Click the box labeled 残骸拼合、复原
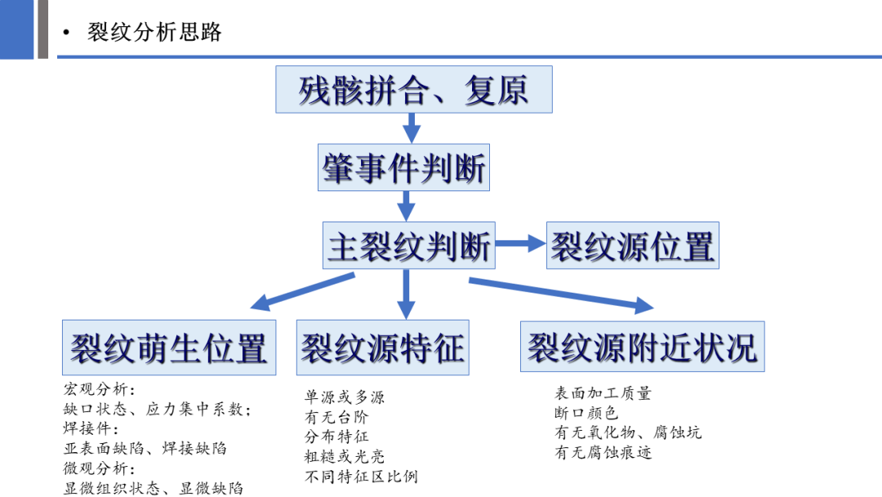coord(413,89)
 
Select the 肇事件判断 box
coord(403,168)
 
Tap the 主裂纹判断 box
coord(408,245)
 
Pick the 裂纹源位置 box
coord(632,245)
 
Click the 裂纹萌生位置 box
coord(169,347)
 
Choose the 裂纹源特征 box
coord(382,347)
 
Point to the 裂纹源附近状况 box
coord(642,347)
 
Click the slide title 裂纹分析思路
coord(154,32)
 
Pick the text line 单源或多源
coord(344,397)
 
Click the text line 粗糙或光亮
coord(344,456)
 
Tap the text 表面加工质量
coord(603,393)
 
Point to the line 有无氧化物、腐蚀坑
coord(627,432)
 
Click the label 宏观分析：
coord(100,389)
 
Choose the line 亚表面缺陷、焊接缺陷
coord(145,448)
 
